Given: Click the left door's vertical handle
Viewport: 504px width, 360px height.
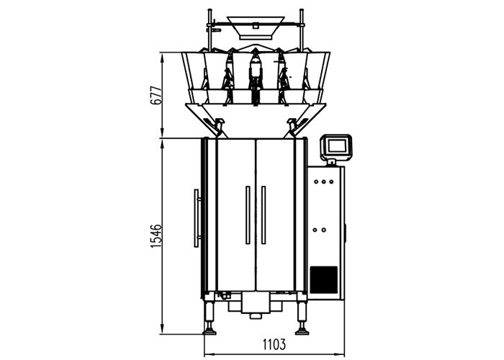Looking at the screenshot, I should [x=247, y=214].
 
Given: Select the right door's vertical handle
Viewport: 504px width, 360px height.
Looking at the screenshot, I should [x=264, y=214].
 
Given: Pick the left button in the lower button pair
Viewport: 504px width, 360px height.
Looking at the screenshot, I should [x=318, y=230].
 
